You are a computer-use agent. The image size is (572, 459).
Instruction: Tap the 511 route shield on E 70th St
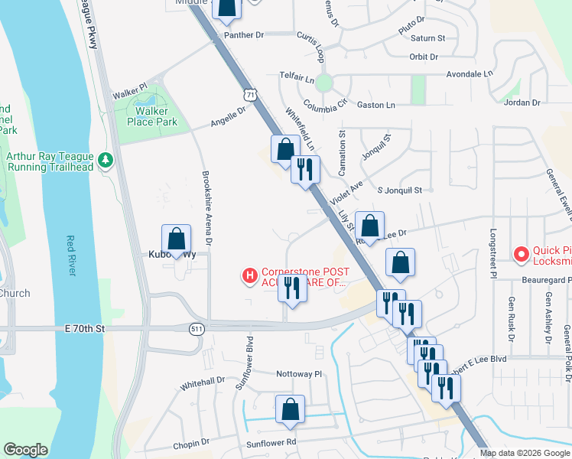click(197, 328)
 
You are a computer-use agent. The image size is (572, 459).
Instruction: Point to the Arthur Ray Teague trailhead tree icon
click(106, 161)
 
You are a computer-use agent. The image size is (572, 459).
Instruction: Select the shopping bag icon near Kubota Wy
click(177, 239)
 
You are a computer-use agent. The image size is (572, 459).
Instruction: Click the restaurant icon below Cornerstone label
click(291, 288)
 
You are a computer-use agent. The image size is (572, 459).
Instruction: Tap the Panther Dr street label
click(243, 35)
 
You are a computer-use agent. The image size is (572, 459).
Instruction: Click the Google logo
click(25, 450)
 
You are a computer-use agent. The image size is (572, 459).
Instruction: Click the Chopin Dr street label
click(190, 442)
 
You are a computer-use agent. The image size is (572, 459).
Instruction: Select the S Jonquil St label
click(399, 190)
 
